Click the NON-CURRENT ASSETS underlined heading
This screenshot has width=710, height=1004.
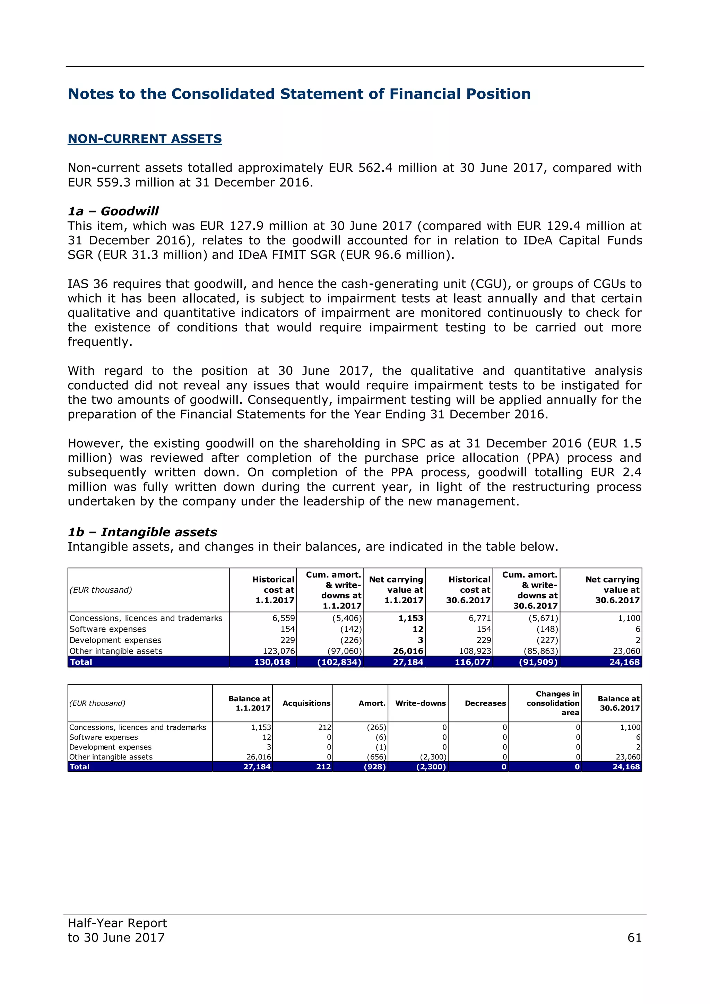[x=145, y=139]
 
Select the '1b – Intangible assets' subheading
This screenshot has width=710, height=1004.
[x=142, y=532]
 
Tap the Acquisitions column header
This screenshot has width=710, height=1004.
[x=306, y=703]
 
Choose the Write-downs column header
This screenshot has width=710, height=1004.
[x=420, y=703]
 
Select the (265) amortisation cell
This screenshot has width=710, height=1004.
[x=376, y=727]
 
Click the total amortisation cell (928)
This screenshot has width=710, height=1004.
[x=375, y=767]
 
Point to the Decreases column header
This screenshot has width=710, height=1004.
[x=485, y=703]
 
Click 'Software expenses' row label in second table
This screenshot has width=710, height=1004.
[x=104, y=737]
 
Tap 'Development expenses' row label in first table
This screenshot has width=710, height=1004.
[x=115, y=640]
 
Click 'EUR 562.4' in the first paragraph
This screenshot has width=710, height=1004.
[x=360, y=168]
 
